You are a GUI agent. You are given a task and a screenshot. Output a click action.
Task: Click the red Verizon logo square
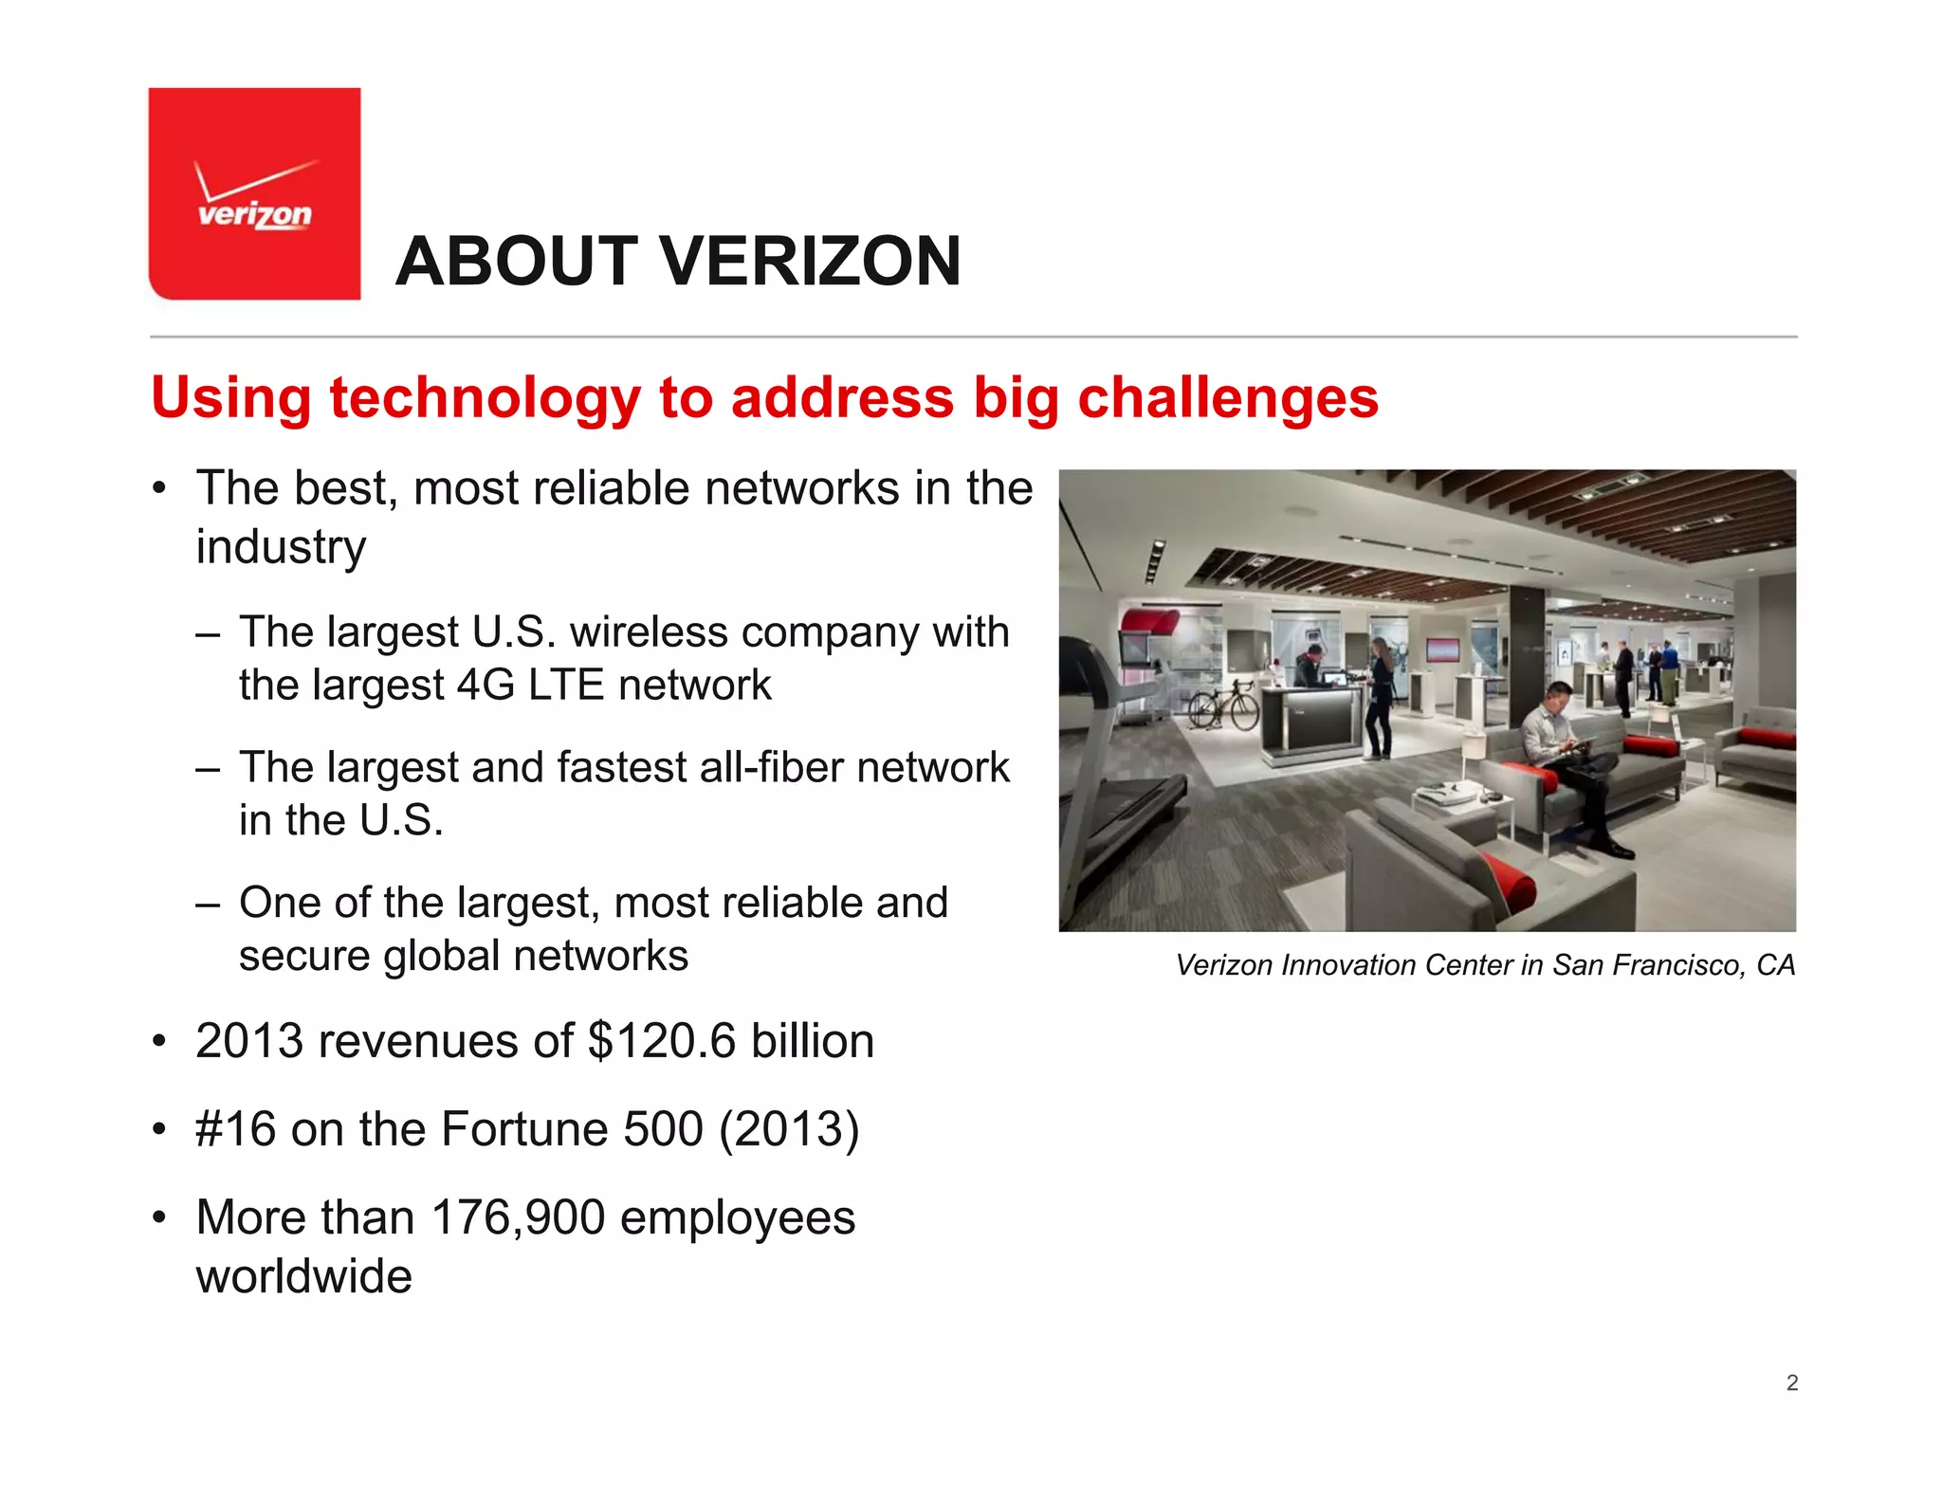pos(254,193)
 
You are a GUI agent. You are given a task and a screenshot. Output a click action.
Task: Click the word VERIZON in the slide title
pos(811,262)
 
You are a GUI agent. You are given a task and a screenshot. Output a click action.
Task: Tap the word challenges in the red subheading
pos(1228,397)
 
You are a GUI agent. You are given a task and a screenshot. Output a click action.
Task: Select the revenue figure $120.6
pos(661,1041)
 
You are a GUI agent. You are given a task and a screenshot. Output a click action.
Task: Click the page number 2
pos(1791,1383)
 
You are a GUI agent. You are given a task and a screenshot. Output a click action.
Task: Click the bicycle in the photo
pos(1223,707)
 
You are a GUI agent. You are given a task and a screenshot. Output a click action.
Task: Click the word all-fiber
pos(771,767)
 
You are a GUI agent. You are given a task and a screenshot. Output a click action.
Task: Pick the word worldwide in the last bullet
pos(303,1276)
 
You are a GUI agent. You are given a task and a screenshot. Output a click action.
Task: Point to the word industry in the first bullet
pos(281,547)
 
